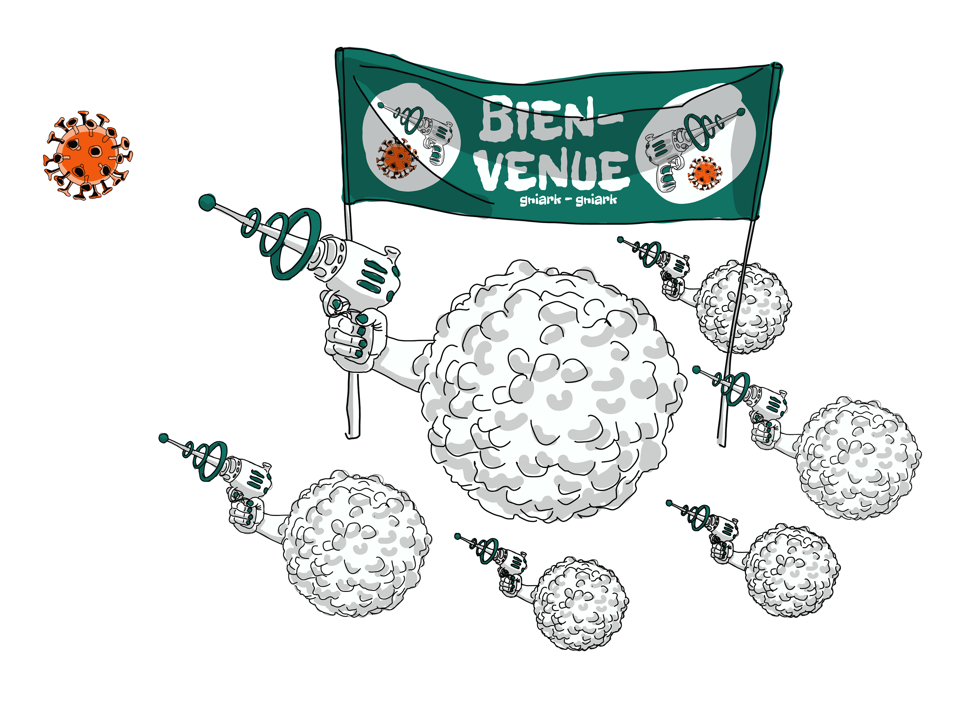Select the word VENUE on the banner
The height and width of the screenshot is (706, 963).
(x=553, y=169)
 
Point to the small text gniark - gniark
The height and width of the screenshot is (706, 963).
(x=568, y=199)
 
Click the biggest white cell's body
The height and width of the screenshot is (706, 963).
(x=551, y=393)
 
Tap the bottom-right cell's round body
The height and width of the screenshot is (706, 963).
(x=792, y=571)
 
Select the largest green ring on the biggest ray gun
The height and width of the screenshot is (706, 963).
(x=295, y=244)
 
